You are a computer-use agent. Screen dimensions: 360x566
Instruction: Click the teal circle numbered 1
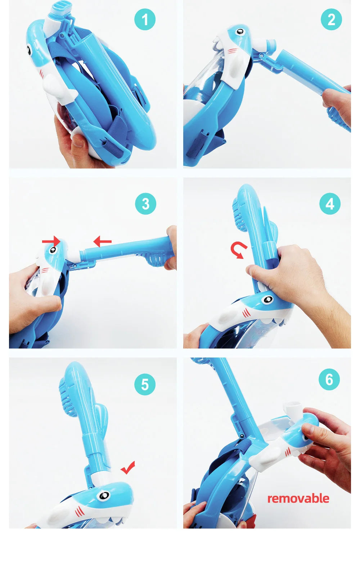(x=145, y=19)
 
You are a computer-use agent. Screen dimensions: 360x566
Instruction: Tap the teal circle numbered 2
(x=331, y=19)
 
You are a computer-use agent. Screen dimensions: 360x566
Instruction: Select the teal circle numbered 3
(x=145, y=204)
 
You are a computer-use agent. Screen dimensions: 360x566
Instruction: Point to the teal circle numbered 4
(x=330, y=204)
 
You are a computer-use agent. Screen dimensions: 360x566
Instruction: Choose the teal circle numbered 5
(x=145, y=384)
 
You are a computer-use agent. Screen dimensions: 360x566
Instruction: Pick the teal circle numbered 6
(x=329, y=379)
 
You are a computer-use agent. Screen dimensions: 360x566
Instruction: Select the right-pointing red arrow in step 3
(x=51, y=241)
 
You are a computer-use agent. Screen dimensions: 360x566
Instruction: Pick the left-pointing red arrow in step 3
(x=102, y=241)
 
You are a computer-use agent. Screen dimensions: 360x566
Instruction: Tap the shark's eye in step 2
(x=240, y=32)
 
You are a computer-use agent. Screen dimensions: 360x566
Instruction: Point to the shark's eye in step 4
(x=267, y=300)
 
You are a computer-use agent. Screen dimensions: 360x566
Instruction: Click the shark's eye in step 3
(x=53, y=250)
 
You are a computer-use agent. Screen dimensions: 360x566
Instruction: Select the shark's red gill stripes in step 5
(x=80, y=511)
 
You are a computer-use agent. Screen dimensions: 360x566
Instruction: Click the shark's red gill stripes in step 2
(x=233, y=51)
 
